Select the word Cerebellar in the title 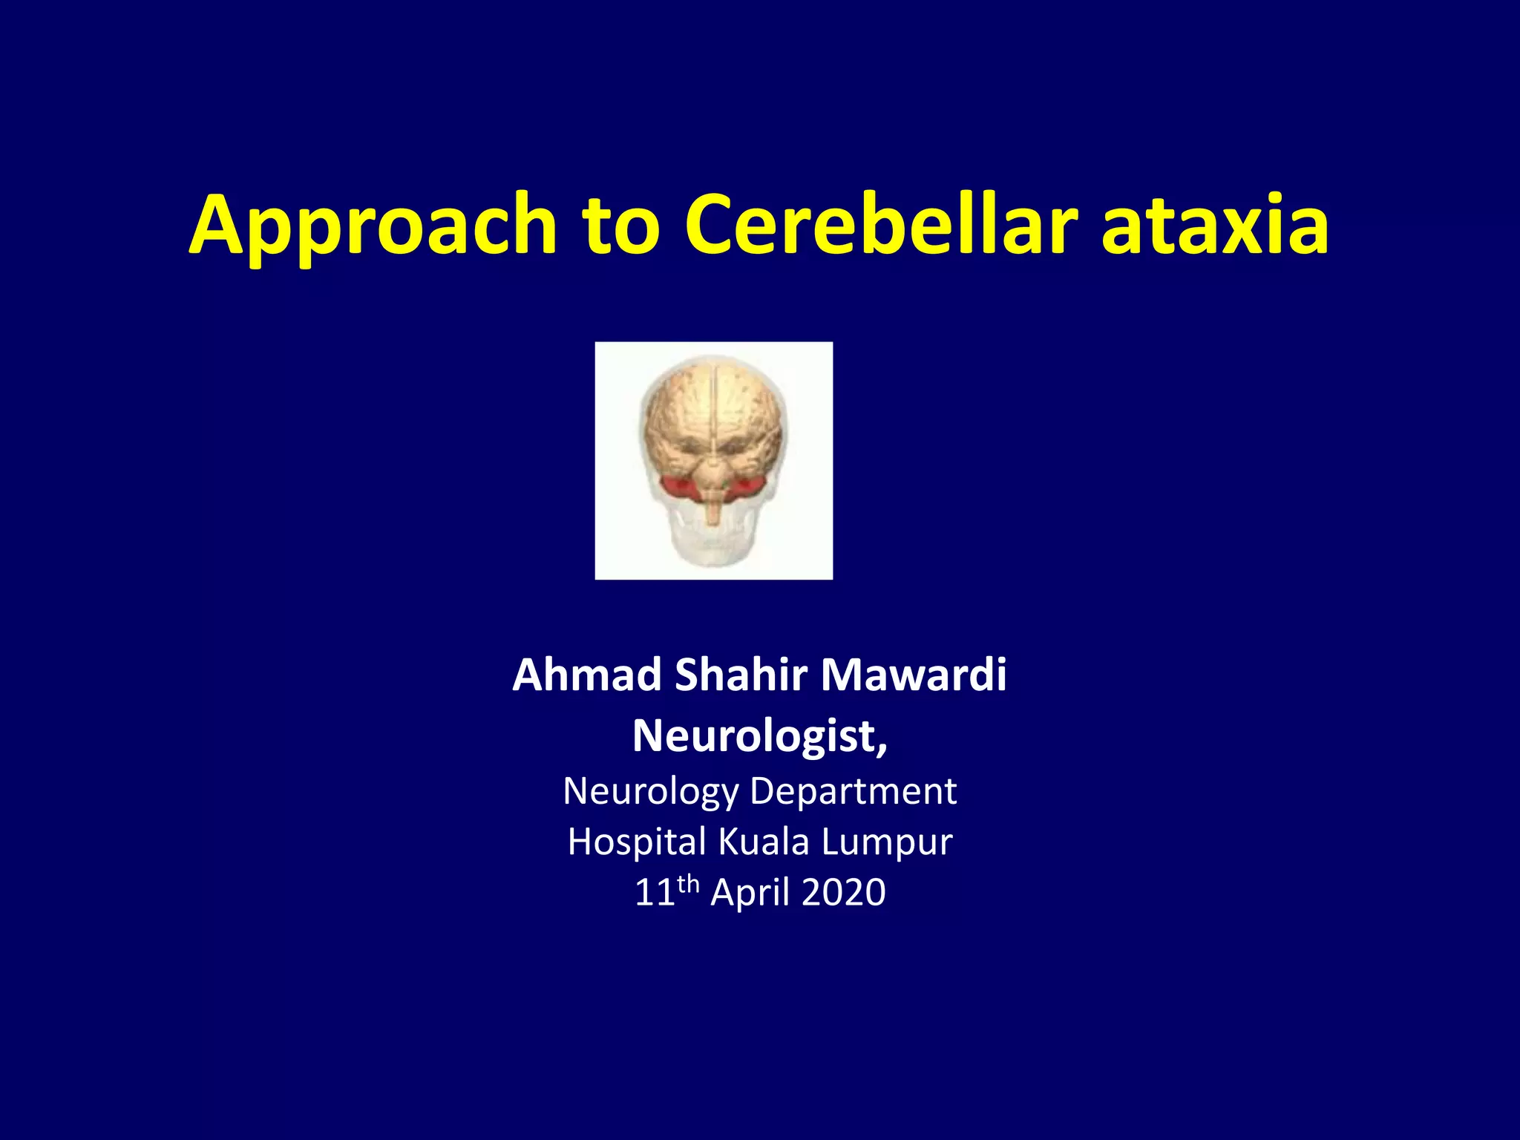coord(881,225)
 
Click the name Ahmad coord(586,675)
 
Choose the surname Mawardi coord(914,675)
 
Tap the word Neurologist coord(759,736)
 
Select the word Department coord(854,791)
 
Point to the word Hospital coord(637,842)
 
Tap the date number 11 coord(654,892)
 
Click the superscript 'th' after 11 coord(688,883)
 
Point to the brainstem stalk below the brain coord(713,511)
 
